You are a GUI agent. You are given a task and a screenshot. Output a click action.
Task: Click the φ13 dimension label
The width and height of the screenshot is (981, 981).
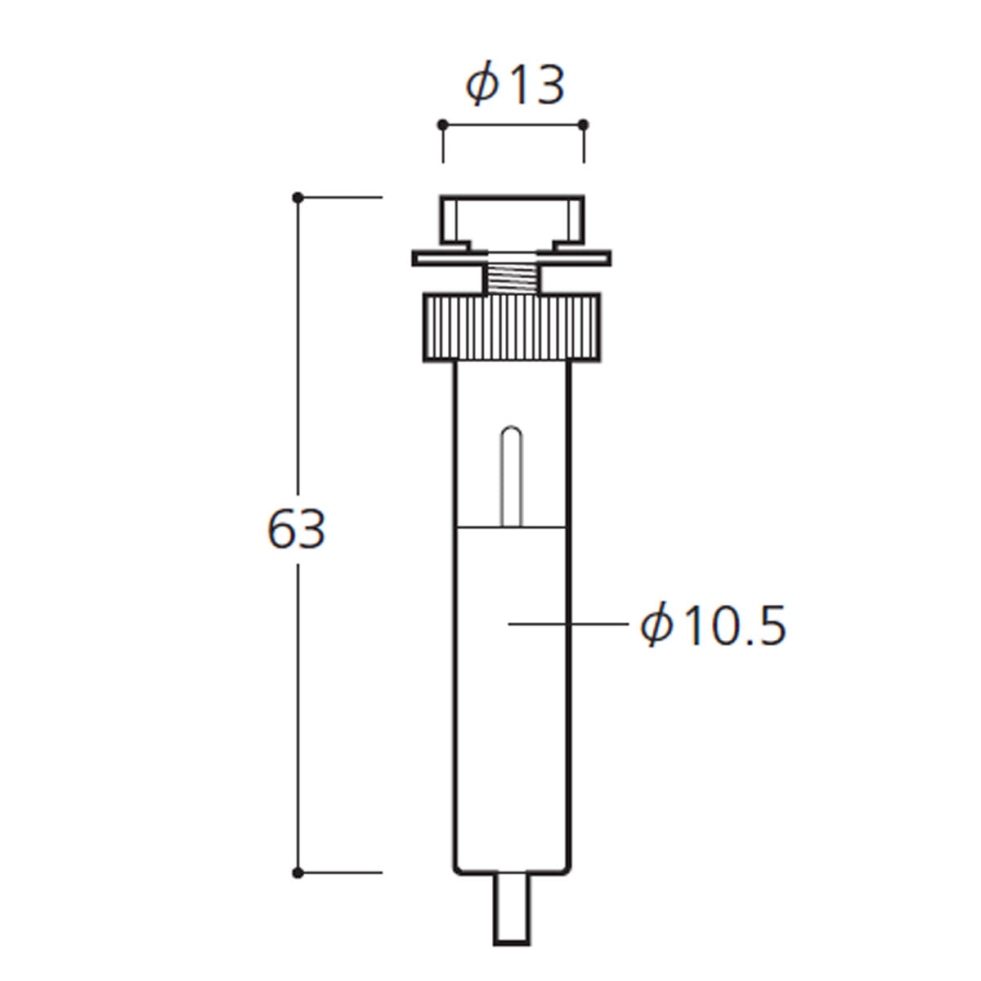click(515, 84)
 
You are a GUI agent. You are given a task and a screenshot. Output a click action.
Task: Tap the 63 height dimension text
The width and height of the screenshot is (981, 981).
click(296, 530)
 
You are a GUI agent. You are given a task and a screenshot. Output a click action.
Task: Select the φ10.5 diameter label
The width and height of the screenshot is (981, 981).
click(713, 625)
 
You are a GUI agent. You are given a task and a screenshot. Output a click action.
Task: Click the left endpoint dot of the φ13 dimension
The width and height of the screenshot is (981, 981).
click(443, 125)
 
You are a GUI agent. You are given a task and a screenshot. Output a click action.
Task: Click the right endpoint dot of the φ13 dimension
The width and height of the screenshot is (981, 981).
click(584, 125)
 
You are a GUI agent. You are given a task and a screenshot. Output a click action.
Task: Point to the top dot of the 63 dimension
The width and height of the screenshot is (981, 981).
click(298, 197)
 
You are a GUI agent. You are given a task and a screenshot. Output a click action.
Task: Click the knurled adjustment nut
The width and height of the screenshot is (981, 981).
click(512, 328)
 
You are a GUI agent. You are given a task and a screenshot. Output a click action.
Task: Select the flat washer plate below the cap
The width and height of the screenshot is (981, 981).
click(512, 258)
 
